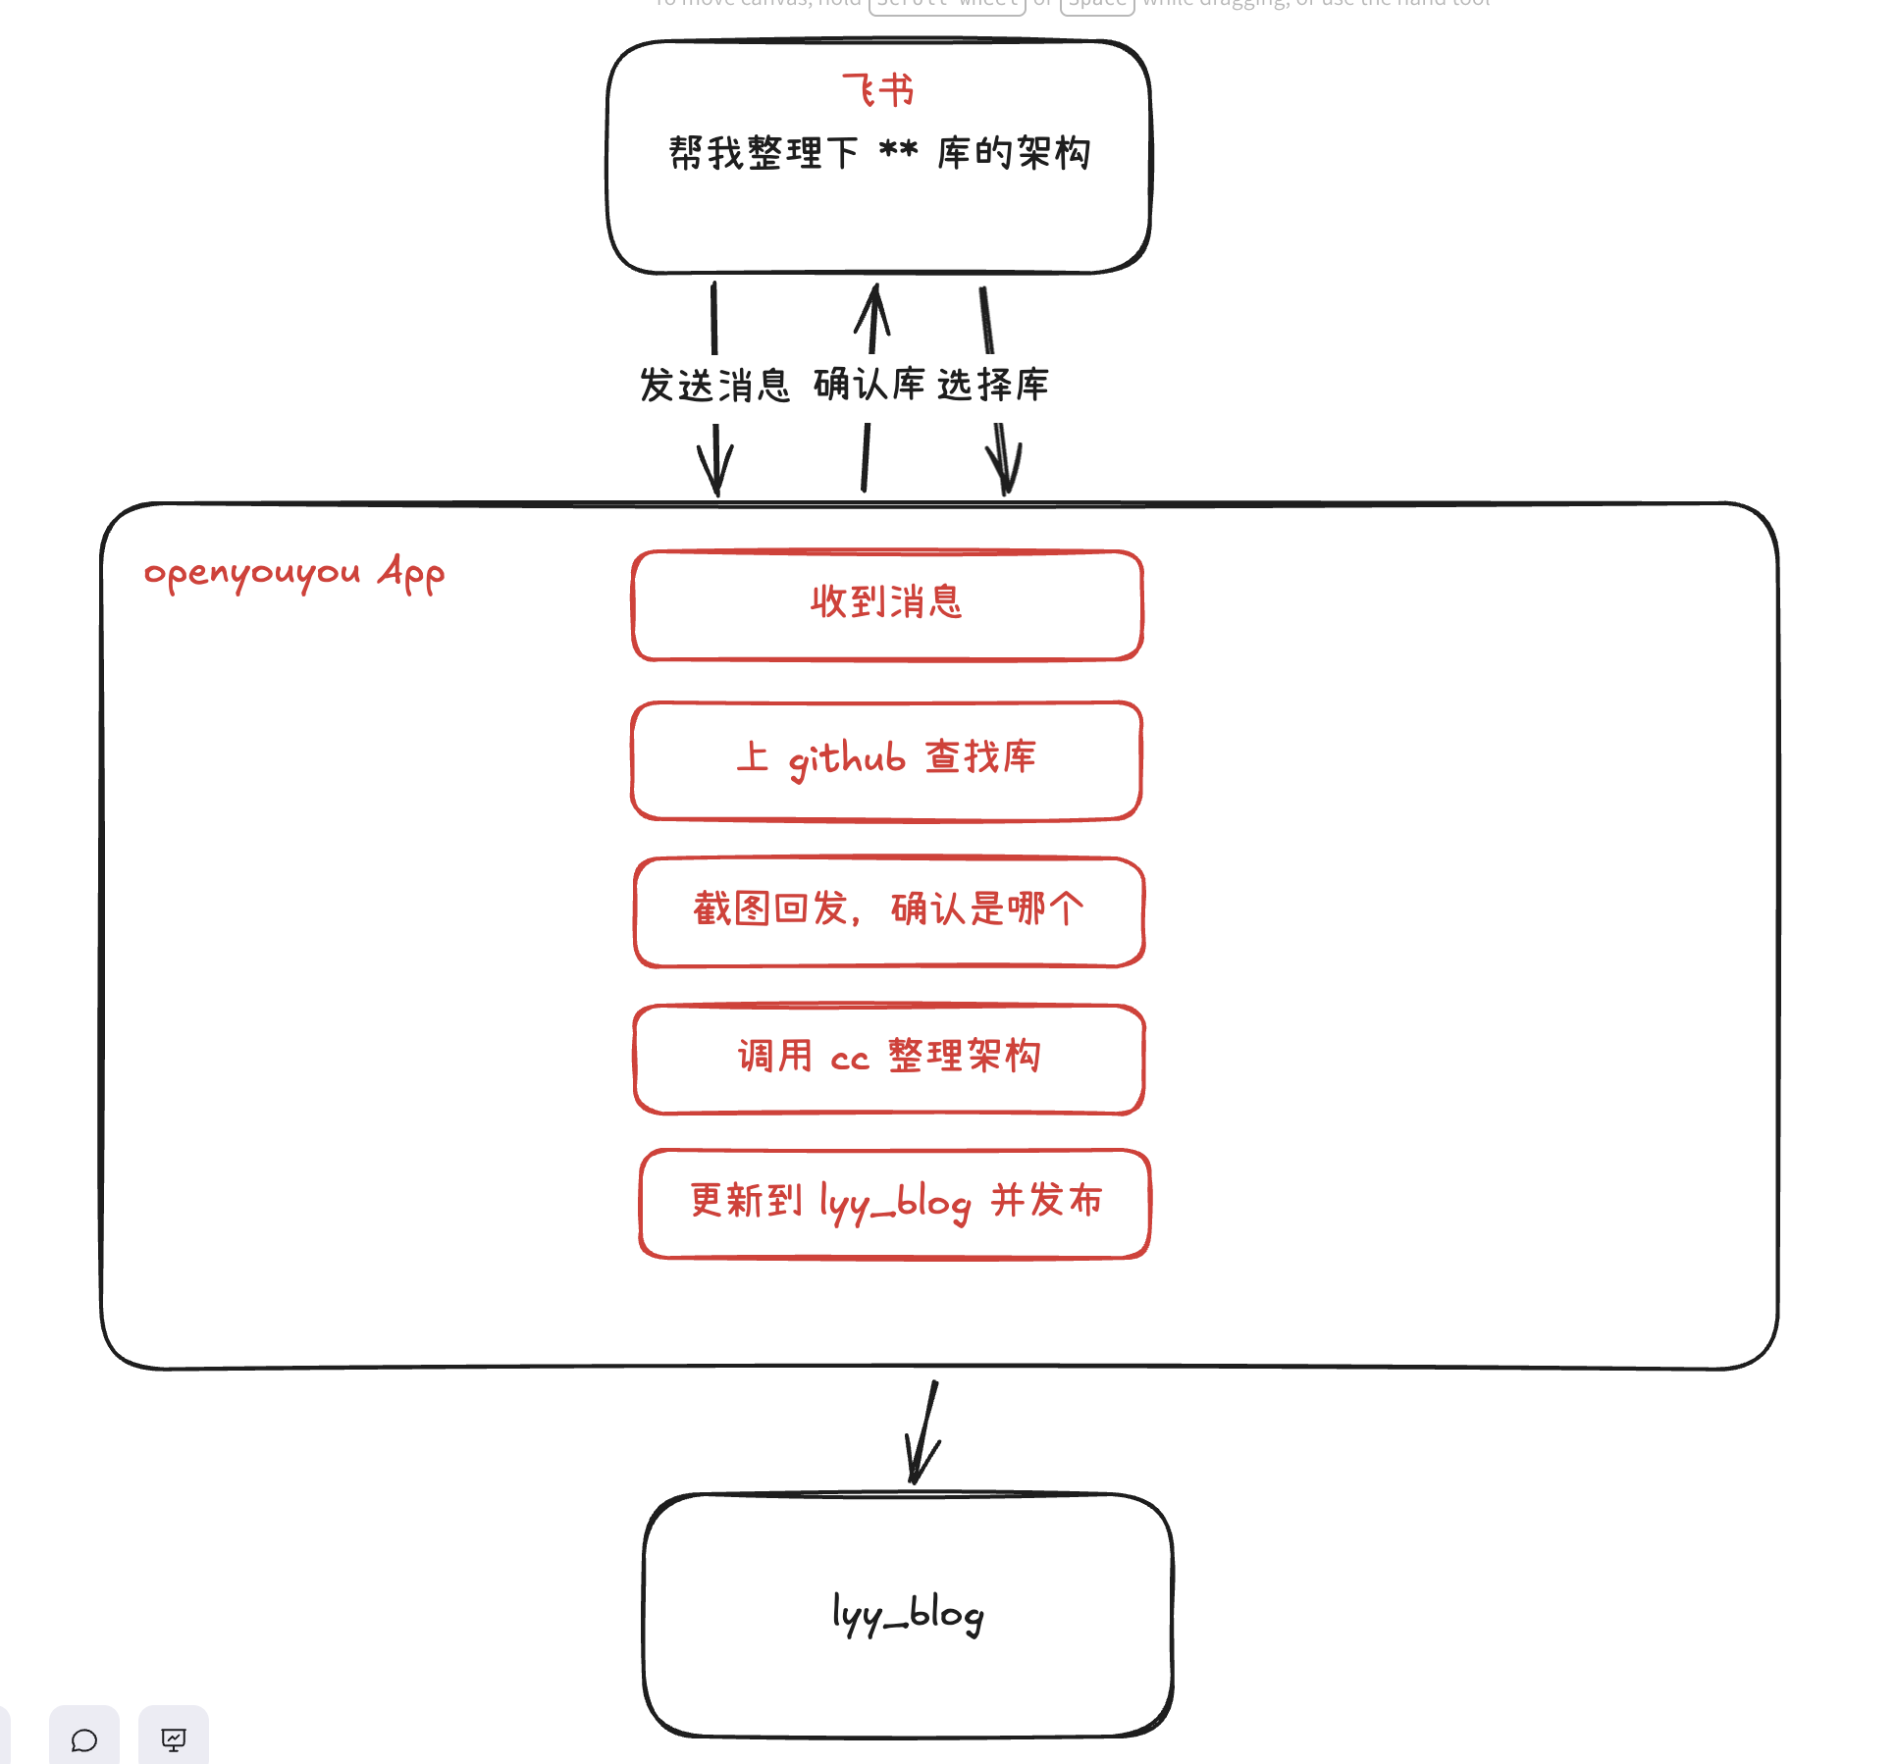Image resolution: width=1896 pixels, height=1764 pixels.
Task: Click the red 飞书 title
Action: (877, 90)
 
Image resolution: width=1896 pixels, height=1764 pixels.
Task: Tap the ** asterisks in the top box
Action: (897, 152)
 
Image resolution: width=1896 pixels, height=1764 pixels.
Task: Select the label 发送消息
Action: (714, 385)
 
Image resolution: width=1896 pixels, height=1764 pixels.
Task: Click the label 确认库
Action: (869, 384)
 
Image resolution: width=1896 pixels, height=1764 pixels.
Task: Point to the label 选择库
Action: (993, 384)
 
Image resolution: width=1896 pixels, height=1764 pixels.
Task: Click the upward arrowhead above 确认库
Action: (873, 304)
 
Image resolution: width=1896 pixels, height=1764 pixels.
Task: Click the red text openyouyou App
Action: (294, 573)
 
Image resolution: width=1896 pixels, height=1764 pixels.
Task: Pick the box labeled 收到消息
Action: (887, 604)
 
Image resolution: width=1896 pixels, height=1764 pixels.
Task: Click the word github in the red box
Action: (847, 758)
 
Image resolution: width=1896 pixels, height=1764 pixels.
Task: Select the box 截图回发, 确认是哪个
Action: (889, 910)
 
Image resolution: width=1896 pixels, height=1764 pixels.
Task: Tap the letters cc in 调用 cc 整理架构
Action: (850, 1059)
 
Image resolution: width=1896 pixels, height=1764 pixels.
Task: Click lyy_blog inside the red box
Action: (895, 1203)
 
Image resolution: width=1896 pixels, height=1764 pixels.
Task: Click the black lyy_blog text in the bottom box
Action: (908, 1614)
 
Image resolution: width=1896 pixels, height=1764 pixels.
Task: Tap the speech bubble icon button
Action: (84, 1739)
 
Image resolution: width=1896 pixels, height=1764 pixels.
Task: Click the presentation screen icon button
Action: (174, 1739)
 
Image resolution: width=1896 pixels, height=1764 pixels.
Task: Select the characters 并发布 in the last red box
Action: (1046, 1200)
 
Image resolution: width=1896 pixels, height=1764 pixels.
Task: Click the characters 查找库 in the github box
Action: (980, 756)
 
